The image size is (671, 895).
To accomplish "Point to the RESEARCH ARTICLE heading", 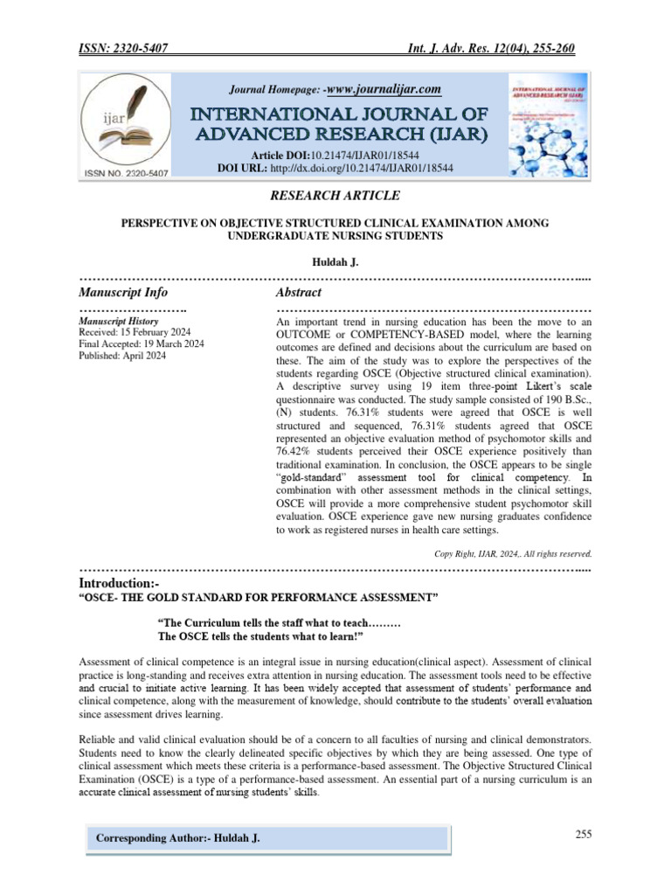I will coord(335,195).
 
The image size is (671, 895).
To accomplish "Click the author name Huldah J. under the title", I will coord(335,261).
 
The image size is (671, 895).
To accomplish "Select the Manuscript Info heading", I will coord(123,292).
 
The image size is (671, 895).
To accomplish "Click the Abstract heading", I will coord(299,292).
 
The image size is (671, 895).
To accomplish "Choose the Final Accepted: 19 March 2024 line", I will coord(142,344).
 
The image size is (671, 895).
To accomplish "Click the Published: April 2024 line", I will coord(122,356).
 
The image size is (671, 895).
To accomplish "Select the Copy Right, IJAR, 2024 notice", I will coord(513,553).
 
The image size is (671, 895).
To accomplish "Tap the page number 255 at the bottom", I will coord(584,834).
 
